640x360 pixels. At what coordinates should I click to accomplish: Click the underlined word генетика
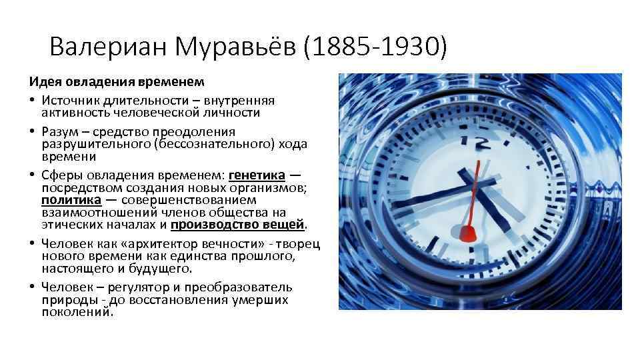tap(257, 175)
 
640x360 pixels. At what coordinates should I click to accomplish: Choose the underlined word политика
tap(71, 199)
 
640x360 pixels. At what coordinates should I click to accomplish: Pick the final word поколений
tap(77, 311)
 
